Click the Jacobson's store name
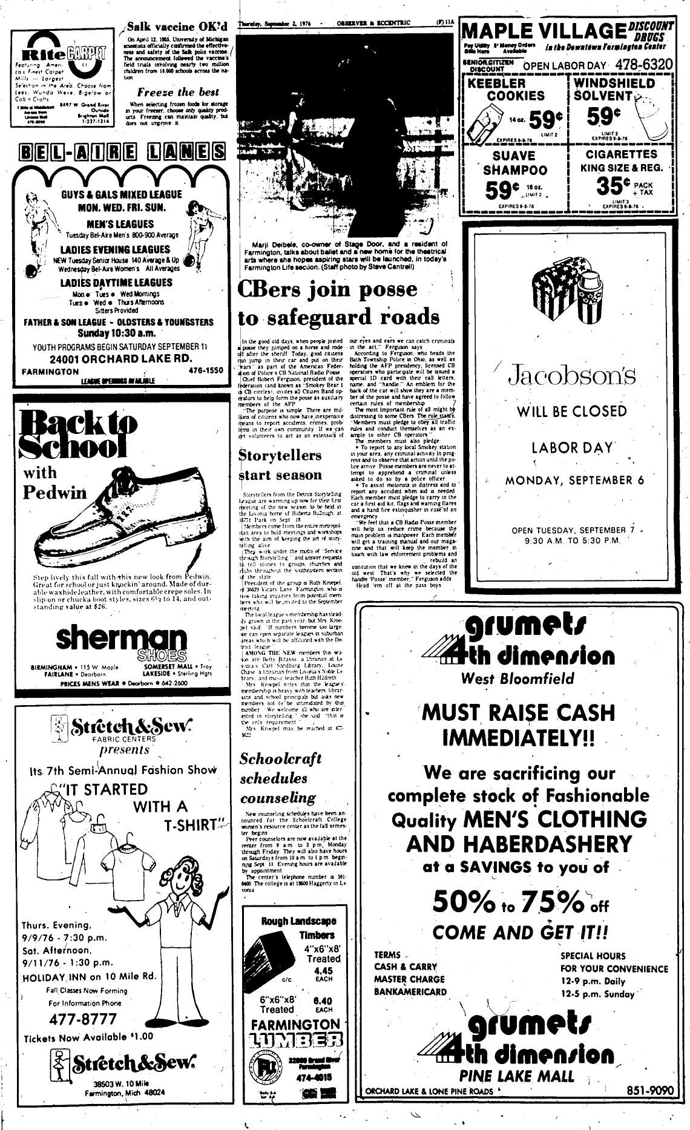tap(572, 375)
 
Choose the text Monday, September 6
tap(574, 481)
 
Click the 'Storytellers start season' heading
tap(281, 464)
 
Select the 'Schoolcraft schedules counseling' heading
tap(280, 778)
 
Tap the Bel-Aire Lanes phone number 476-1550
tap(206, 370)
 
